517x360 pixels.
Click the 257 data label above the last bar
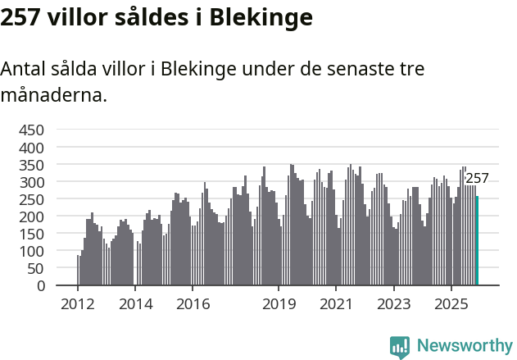(x=477, y=179)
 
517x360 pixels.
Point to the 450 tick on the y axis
(x=31, y=130)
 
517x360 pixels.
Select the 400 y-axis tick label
(x=31, y=148)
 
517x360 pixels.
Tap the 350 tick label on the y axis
(x=31, y=165)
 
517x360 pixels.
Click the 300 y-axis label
(x=31, y=182)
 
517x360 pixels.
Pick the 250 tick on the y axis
(x=31, y=199)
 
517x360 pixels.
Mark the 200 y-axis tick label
(x=31, y=216)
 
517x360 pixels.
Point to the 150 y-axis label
(x=31, y=234)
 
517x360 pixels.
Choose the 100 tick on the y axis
(x=31, y=251)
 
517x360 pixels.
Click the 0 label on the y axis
(x=41, y=285)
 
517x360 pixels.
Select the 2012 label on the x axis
(x=78, y=304)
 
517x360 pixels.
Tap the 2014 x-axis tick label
(x=135, y=304)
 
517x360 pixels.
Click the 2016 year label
(x=193, y=304)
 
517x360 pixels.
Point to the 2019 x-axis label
(x=279, y=304)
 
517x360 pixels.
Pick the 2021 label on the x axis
(x=336, y=304)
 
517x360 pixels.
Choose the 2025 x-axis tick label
(x=451, y=304)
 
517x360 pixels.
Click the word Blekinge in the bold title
(x=261, y=17)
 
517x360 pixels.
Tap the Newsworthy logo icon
(x=400, y=347)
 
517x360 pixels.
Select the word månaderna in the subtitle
(x=53, y=95)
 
